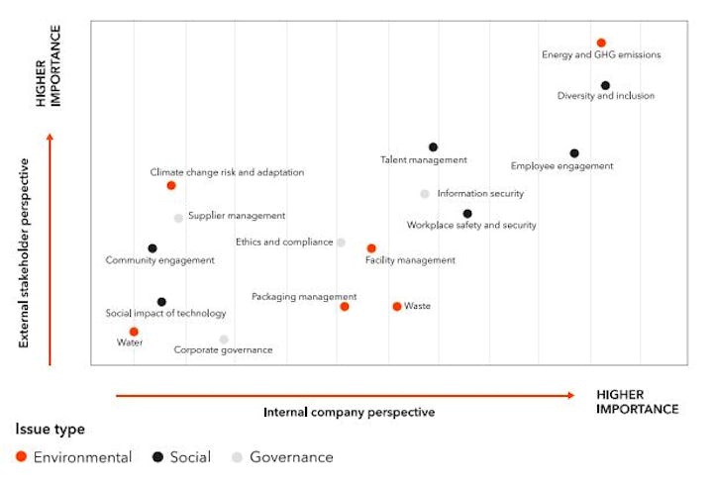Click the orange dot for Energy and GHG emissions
(601, 43)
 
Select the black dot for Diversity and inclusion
(605, 86)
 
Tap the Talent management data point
(433, 147)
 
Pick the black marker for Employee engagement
(574, 153)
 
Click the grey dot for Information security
(425, 194)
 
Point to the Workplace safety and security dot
(467, 214)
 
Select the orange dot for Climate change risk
(171, 185)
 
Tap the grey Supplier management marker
(178, 218)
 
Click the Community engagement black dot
(153, 248)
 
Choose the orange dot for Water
(134, 332)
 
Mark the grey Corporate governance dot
(224, 339)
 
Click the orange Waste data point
(397, 307)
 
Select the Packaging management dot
(345, 307)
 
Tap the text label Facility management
(410, 260)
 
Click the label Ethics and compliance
(284, 242)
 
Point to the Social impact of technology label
(165, 314)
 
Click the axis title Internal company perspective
(349, 412)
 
